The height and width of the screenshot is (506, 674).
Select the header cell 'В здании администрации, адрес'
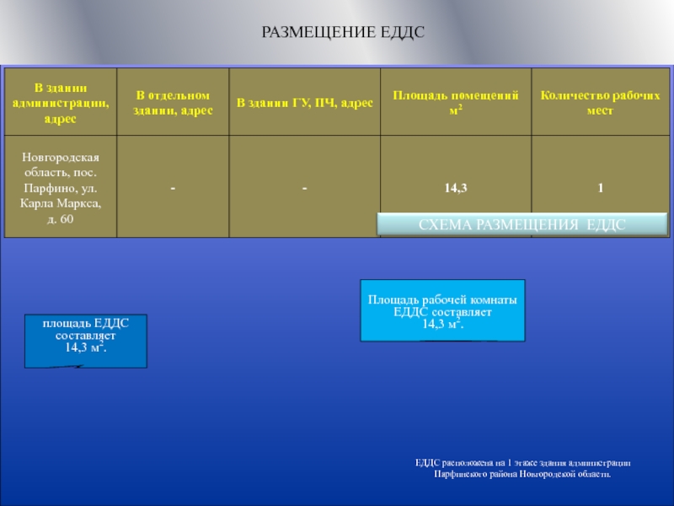pos(61,102)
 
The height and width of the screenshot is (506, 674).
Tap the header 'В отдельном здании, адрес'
pos(172,102)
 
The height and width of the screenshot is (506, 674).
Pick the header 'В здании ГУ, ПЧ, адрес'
pos(304,102)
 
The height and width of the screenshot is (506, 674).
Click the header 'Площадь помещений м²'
pos(455,102)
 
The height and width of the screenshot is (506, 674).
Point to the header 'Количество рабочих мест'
pos(600,102)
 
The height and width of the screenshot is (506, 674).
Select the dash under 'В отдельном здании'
pos(172,189)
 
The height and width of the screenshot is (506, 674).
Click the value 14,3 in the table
pos(456,189)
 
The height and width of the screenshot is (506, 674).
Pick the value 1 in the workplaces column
pos(601,189)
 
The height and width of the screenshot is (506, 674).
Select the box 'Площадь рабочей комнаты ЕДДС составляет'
pos(442,310)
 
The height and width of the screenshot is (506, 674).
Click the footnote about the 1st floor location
pos(522,468)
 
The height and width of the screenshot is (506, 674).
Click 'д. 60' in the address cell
pos(61,219)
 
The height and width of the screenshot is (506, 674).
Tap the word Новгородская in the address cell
pos(61,158)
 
